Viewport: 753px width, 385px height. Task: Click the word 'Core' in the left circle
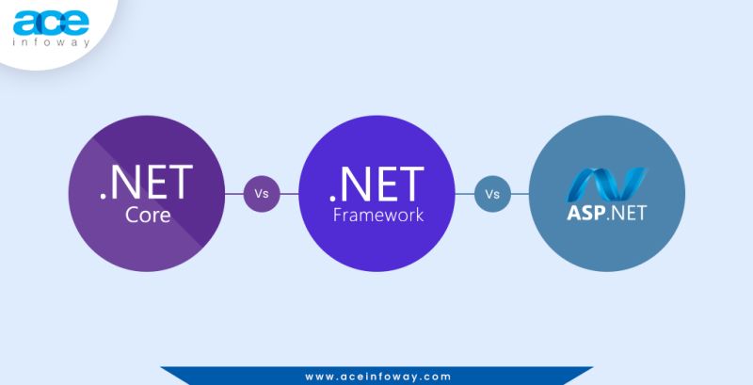pos(147,215)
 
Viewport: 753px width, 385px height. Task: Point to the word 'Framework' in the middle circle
pos(376,215)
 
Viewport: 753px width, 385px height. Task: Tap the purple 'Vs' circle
pos(262,194)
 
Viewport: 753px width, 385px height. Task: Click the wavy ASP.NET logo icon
pos(606,179)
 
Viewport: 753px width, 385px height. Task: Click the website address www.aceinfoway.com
pos(376,377)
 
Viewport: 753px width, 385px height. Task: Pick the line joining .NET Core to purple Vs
pos(234,194)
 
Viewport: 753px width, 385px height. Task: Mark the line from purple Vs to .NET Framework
pos(289,194)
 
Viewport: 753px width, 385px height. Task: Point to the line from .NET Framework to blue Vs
pos(464,194)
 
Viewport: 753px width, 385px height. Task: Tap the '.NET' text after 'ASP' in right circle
pos(627,213)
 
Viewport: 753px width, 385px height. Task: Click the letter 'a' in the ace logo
pos(25,23)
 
